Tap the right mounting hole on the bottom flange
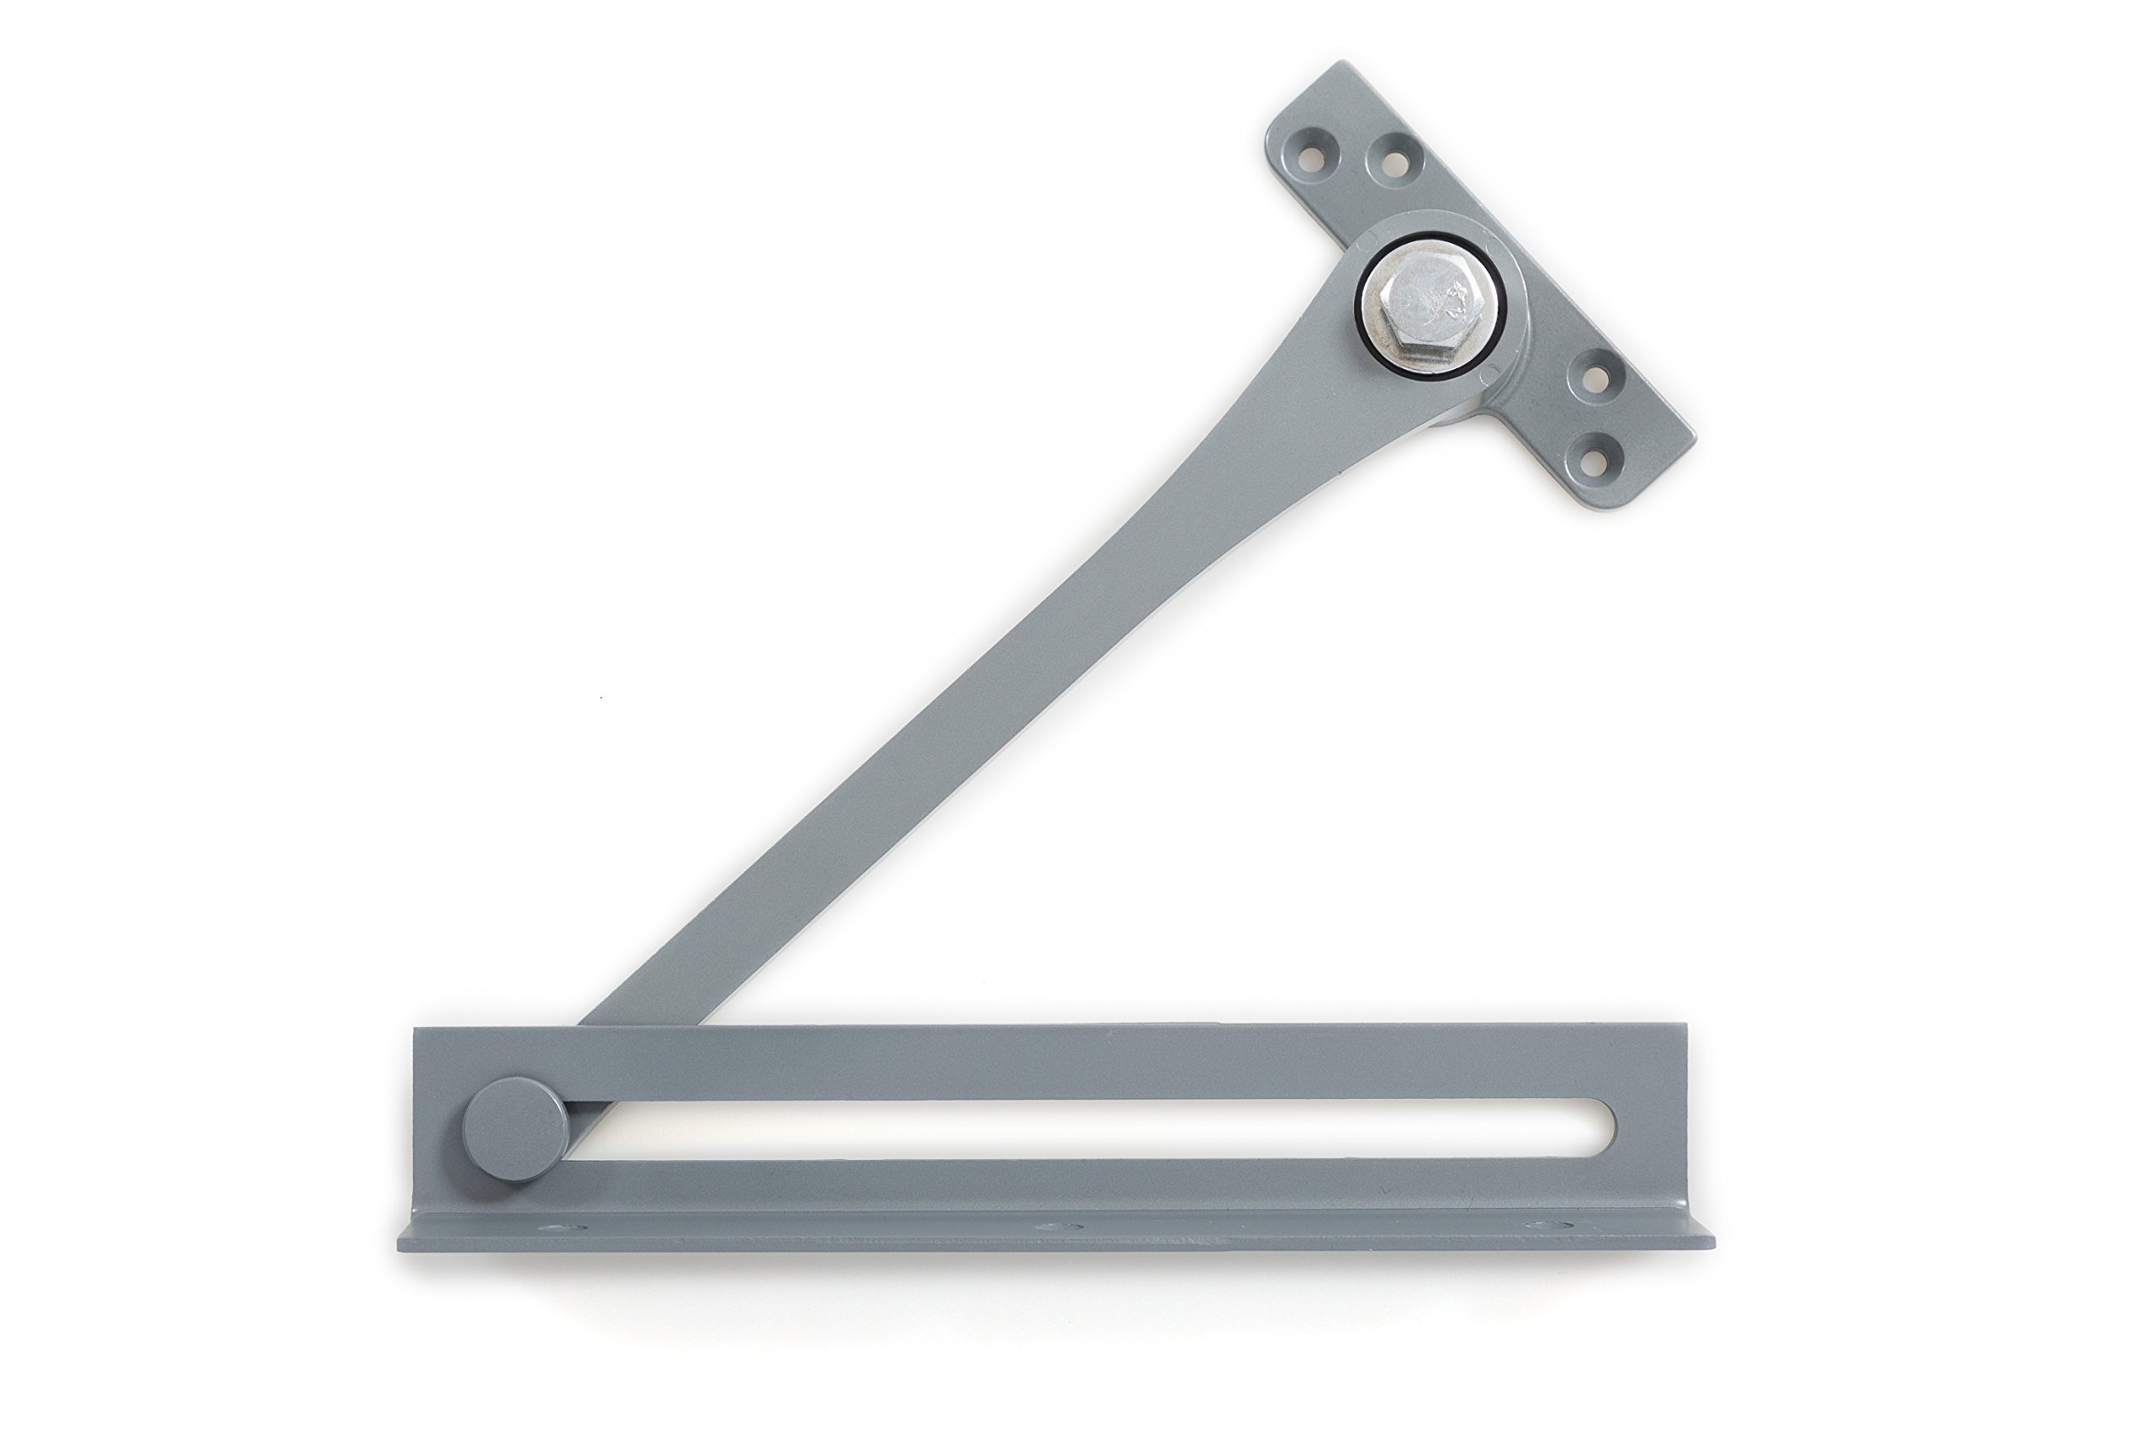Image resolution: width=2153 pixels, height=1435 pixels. [x=1550, y=1226]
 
